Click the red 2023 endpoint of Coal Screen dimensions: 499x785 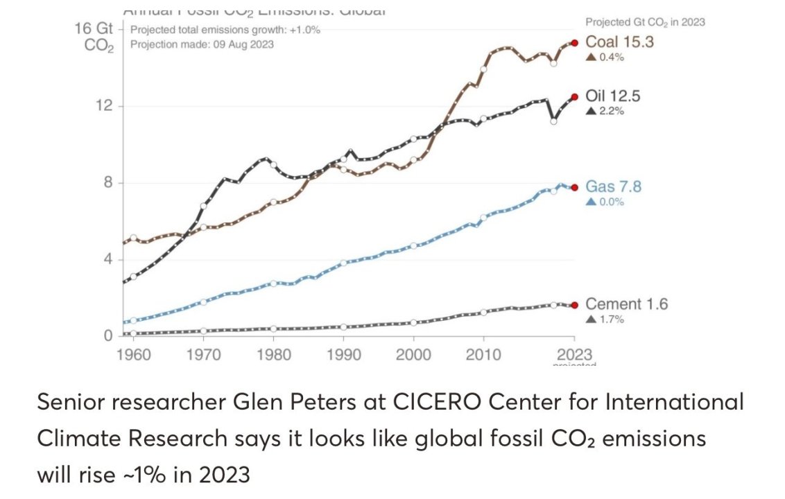coord(574,43)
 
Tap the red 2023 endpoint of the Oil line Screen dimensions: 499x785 coord(574,97)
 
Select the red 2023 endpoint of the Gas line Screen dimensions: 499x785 coord(574,187)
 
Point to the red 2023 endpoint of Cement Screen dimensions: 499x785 coord(574,305)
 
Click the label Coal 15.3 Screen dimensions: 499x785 coord(619,42)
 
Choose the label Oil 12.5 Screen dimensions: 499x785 coord(613,96)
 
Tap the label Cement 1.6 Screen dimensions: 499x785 coord(626,304)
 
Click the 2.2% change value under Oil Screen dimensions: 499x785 coord(610,111)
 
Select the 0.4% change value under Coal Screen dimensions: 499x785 coord(610,57)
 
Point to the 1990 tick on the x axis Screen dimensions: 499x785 coord(343,355)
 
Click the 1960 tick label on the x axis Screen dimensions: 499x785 coord(134,355)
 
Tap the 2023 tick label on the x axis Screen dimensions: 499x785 coord(575,355)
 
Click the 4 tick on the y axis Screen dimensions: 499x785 coord(107,260)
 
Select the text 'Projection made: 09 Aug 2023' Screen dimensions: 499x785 coord(202,44)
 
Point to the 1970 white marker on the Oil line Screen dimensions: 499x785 coord(204,206)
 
